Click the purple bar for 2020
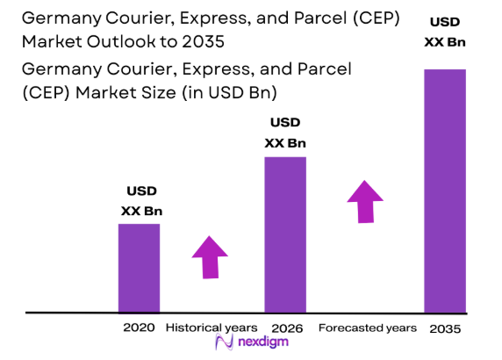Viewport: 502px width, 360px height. pyautogui.click(x=139, y=267)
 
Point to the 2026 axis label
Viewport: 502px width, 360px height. pyautogui.click(x=285, y=328)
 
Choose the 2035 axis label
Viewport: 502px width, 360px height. pyautogui.click(x=445, y=328)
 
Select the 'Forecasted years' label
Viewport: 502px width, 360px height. pyautogui.click(x=367, y=328)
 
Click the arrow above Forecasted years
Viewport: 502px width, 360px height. pyautogui.click(x=364, y=201)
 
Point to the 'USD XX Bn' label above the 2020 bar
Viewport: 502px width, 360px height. pyautogui.click(x=141, y=200)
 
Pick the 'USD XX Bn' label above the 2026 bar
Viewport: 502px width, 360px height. pyautogui.click(x=285, y=133)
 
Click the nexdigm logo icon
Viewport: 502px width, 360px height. pyautogui.click(x=228, y=344)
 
